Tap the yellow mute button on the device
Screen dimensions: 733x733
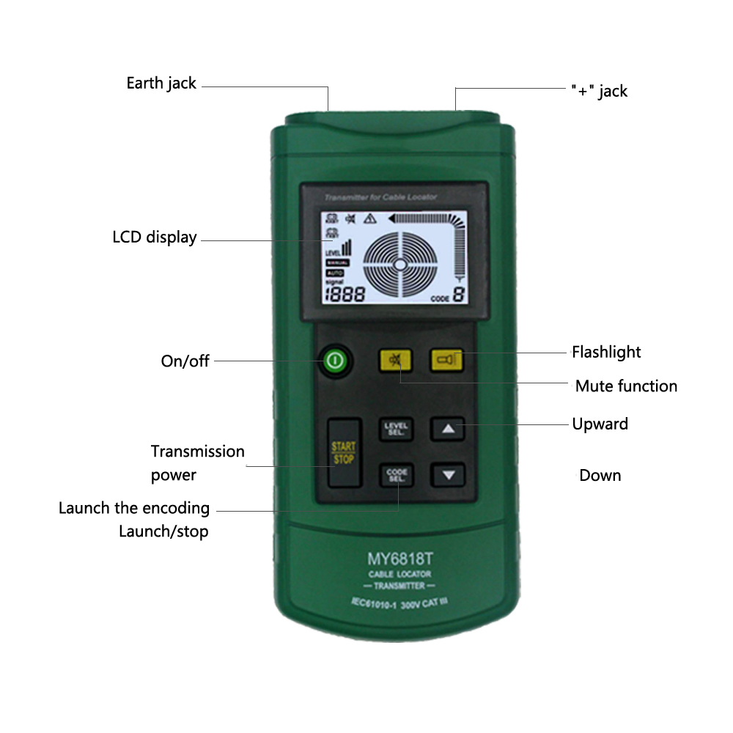pyautogui.click(x=396, y=360)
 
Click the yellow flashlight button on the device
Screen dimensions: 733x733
pyautogui.click(x=446, y=359)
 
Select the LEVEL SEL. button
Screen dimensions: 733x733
pyautogui.click(x=397, y=429)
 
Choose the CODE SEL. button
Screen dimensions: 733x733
pyautogui.click(x=397, y=475)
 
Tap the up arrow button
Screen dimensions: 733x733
pyautogui.click(x=448, y=429)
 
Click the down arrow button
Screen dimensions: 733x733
pyautogui.click(x=448, y=475)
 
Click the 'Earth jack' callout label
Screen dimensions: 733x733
pyautogui.click(x=161, y=84)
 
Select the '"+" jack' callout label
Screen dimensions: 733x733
pyautogui.click(x=599, y=91)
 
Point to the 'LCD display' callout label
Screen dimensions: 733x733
pyautogui.click(x=155, y=237)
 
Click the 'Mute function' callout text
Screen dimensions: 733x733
pyautogui.click(x=626, y=386)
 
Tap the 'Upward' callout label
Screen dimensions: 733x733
pyautogui.click(x=600, y=424)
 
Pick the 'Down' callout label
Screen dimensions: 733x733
pyautogui.click(x=600, y=476)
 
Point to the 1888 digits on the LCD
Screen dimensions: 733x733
pyautogui.click(x=345, y=295)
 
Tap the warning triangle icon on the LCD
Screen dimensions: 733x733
pyautogui.click(x=369, y=218)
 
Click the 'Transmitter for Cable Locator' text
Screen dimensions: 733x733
pyautogui.click(x=370, y=197)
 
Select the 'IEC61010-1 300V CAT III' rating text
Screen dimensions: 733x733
pyautogui.click(x=399, y=604)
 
